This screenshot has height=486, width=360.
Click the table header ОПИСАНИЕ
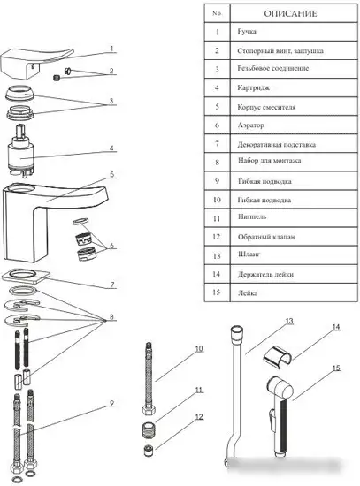(x=290, y=13)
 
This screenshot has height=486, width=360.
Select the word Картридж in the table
(x=253, y=87)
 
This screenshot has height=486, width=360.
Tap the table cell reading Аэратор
(x=250, y=125)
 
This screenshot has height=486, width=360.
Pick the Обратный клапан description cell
(x=266, y=237)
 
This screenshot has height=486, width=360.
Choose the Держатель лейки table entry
(x=265, y=274)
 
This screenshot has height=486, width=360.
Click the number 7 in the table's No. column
(x=217, y=144)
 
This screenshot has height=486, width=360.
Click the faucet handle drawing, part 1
(x=36, y=63)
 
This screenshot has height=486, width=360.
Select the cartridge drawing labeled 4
(x=20, y=151)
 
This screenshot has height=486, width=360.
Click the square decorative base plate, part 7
(x=26, y=276)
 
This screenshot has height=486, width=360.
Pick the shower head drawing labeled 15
(x=280, y=415)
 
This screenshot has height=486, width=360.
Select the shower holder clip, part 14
(x=278, y=357)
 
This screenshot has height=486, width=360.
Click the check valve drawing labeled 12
(x=149, y=451)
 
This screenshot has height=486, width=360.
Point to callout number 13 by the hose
(x=289, y=321)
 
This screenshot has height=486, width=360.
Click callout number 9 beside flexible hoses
(x=112, y=403)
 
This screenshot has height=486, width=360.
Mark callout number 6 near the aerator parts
(x=112, y=246)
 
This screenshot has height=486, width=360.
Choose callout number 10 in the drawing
(x=199, y=349)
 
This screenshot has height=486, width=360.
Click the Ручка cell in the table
(x=247, y=32)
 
